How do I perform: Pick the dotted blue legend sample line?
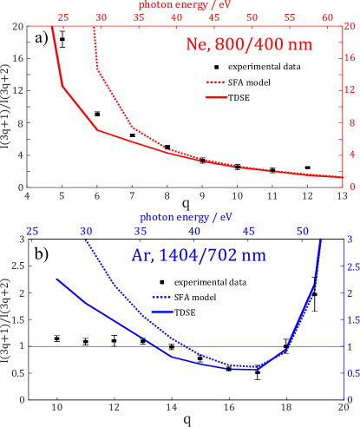click(x=162, y=297)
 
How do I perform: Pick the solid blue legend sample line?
click(x=162, y=311)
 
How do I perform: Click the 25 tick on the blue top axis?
click(x=32, y=232)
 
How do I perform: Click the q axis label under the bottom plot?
click(x=187, y=420)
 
